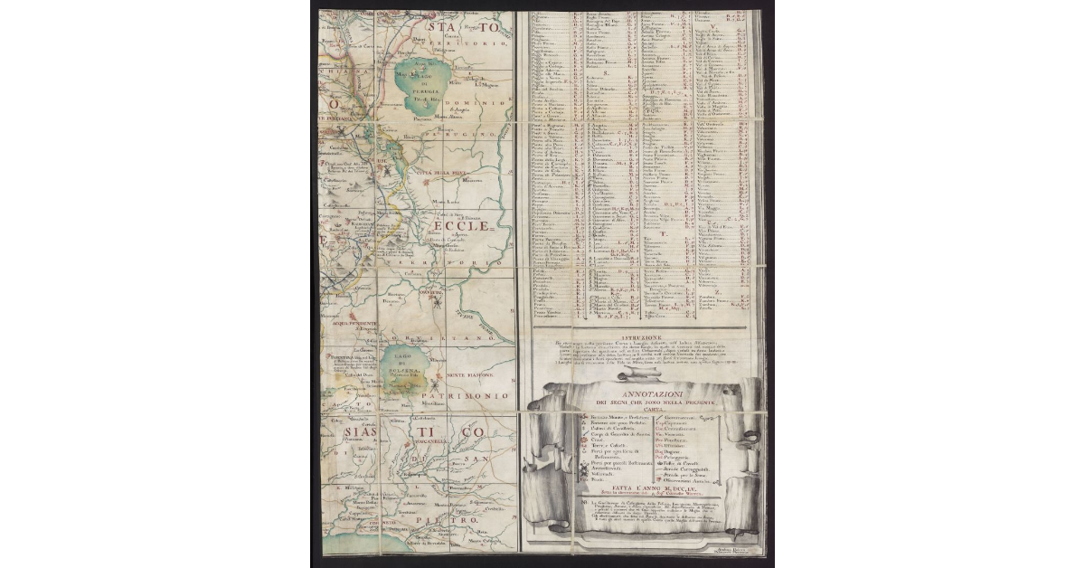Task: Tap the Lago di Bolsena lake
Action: click(400, 370)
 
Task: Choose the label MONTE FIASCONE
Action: click(467, 374)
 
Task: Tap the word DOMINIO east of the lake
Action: click(479, 92)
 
